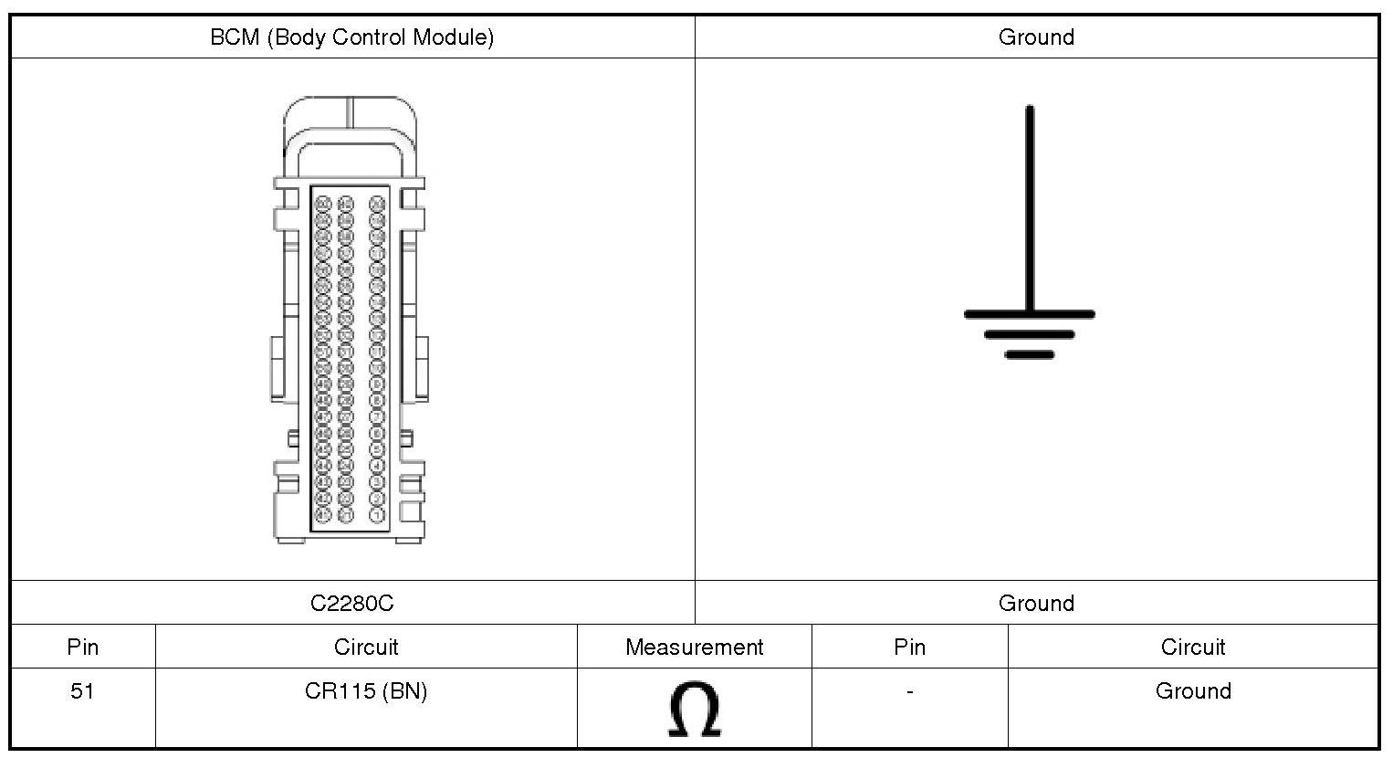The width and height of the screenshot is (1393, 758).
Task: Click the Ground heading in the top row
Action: [1036, 37]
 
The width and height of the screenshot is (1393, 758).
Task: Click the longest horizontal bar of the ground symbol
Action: [1030, 314]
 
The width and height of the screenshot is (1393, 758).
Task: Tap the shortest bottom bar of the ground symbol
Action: [1030, 354]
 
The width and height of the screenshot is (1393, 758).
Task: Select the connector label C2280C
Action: [352, 604]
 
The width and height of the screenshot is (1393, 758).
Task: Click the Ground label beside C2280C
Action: [1036, 604]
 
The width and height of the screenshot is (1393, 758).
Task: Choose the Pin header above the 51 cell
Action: [82, 647]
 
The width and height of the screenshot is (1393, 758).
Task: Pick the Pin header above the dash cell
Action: [909, 647]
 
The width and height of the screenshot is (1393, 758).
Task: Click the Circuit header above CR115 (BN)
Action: [366, 647]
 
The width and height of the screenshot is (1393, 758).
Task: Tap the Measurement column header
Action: [694, 647]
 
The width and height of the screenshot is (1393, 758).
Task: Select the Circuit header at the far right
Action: [1192, 647]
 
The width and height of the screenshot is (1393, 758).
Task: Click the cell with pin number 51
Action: [82, 691]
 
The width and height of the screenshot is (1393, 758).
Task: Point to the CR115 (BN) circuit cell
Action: [366, 691]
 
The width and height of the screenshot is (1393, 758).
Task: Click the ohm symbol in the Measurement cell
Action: [694, 709]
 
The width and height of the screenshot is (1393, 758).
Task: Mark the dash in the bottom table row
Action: [909, 692]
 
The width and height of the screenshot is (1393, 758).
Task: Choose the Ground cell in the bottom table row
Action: [1192, 691]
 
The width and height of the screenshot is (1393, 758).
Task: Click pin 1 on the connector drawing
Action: [377, 516]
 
